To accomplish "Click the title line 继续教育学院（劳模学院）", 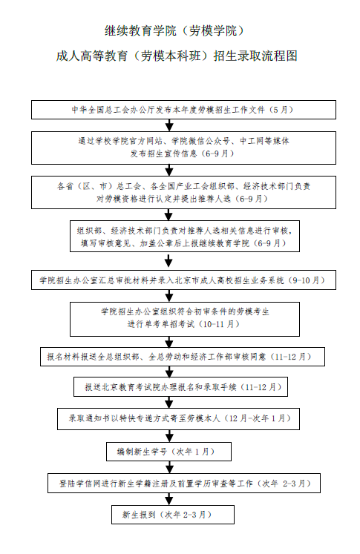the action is pos(174,30).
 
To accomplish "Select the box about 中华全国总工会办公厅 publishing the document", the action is pos(183,110).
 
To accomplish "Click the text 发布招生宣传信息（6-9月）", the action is pos(183,154).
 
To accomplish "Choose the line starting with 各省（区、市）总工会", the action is pos(183,186).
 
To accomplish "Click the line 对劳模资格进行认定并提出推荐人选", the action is pos(163,199).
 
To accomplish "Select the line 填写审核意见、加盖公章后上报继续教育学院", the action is pos(165,243).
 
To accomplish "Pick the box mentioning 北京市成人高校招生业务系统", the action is pos(183,280).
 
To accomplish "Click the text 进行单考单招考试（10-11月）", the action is pos(183,324).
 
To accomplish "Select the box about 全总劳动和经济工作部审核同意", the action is pos(183,357).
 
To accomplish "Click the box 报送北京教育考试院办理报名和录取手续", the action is pos(180,387).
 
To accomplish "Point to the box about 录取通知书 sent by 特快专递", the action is pos(179,419).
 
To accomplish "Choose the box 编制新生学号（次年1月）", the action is pos(168,452).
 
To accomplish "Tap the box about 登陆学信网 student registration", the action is pos(184,484).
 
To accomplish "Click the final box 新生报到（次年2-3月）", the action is pos(173,515).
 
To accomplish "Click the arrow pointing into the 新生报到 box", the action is pos(169,499).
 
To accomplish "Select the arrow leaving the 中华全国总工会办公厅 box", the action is pos(169,125).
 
